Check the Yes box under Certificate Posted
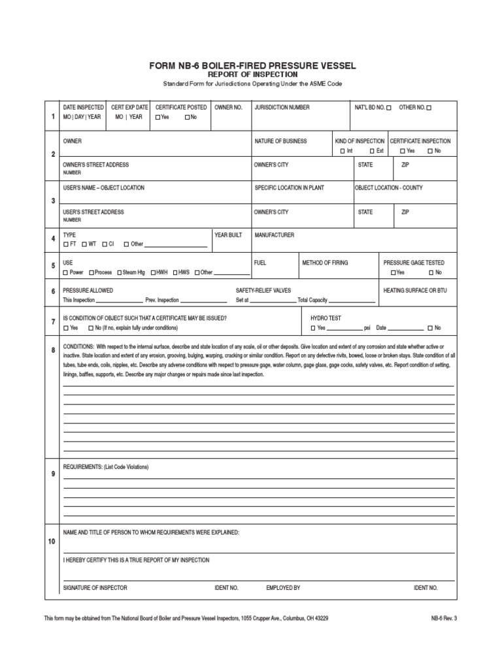[x=158, y=118]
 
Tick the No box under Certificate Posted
[x=187, y=118]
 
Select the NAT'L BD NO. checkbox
[x=389, y=108]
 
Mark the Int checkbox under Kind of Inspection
[x=342, y=151]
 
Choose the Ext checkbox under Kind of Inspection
[x=371, y=151]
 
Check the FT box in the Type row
[x=65, y=244]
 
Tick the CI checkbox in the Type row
[x=103, y=244]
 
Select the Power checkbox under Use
[x=65, y=272]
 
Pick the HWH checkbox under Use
[x=153, y=272]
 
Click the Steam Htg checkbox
[x=120, y=272]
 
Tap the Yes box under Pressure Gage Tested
[x=393, y=272]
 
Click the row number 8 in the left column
[x=53, y=351]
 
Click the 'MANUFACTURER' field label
[x=275, y=235]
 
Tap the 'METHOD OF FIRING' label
[x=325, y=263]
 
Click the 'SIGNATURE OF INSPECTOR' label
[x=95, y=588]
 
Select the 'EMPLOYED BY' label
[x=283, y=588]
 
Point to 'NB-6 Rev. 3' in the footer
[x=444, y=617]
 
